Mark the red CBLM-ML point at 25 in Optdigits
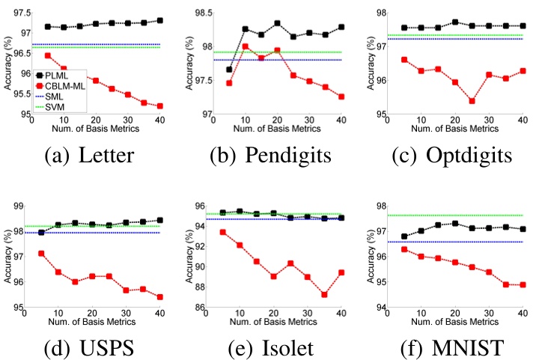pyautogui.click(x=472, y=101)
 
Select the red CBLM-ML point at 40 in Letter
pyautogui.click(x=161, y=106)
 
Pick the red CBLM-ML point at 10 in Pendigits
pyautogui.click(x=245, y=46)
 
